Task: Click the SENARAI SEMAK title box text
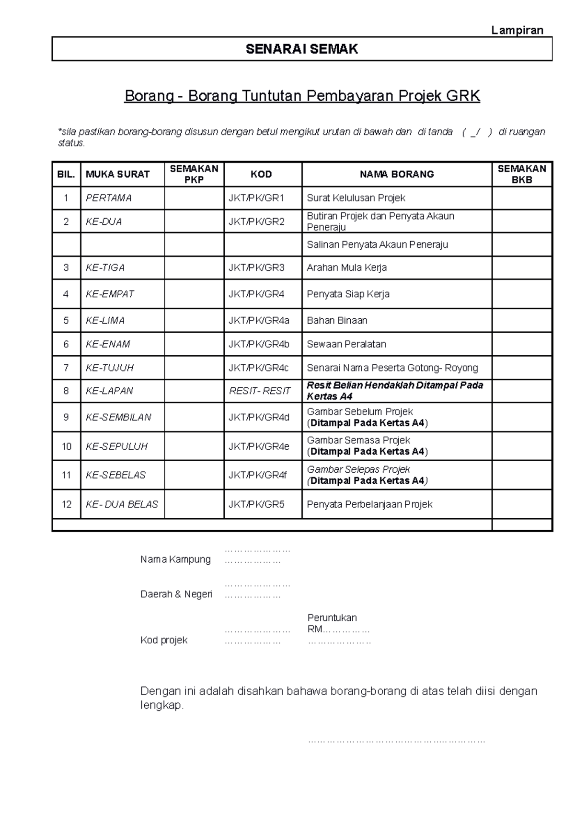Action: pos(302,49)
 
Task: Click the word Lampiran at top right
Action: pos(517,30)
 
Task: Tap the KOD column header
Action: pos(261,174)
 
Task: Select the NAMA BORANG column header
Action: pos(397,174)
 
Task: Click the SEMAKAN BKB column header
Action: pos(522,174)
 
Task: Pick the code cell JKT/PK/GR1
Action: pos(256,198)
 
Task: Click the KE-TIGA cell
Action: pos(105,267)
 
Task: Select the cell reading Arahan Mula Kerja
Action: pos(346,267)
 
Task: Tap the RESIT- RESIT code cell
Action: pos(260,391)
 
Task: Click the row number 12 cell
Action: pos(66,504)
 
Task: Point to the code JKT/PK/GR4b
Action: pos(259,344)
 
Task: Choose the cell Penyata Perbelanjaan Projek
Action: pos(369,504)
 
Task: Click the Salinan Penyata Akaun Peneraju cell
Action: pos(377,244)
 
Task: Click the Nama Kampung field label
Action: pos(175,559)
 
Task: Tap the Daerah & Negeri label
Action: pos(176,594)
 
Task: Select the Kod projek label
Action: pos(164,640)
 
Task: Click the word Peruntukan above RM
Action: pos(332,617)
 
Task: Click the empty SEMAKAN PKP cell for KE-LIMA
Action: pos(194,320)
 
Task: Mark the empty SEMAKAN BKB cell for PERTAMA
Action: pos(522,198)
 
